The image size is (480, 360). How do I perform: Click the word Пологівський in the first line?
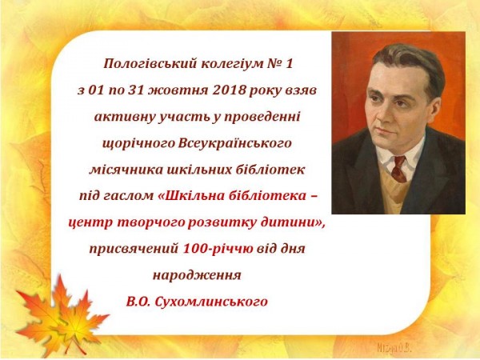(x=150, y=64)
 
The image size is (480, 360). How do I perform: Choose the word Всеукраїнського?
(x=234, y=143)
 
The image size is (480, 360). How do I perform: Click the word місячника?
(x=126, y=170)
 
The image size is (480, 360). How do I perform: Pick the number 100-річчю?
(x=218, y=249)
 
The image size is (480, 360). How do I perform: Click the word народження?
(x=197, y=275)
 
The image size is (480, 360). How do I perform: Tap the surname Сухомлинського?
(x=211, y=302)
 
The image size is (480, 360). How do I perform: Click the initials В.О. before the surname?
(x=138, y=302)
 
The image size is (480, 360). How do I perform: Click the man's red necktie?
(x=398, y=168)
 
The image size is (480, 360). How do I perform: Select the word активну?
(x=125, y=118)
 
